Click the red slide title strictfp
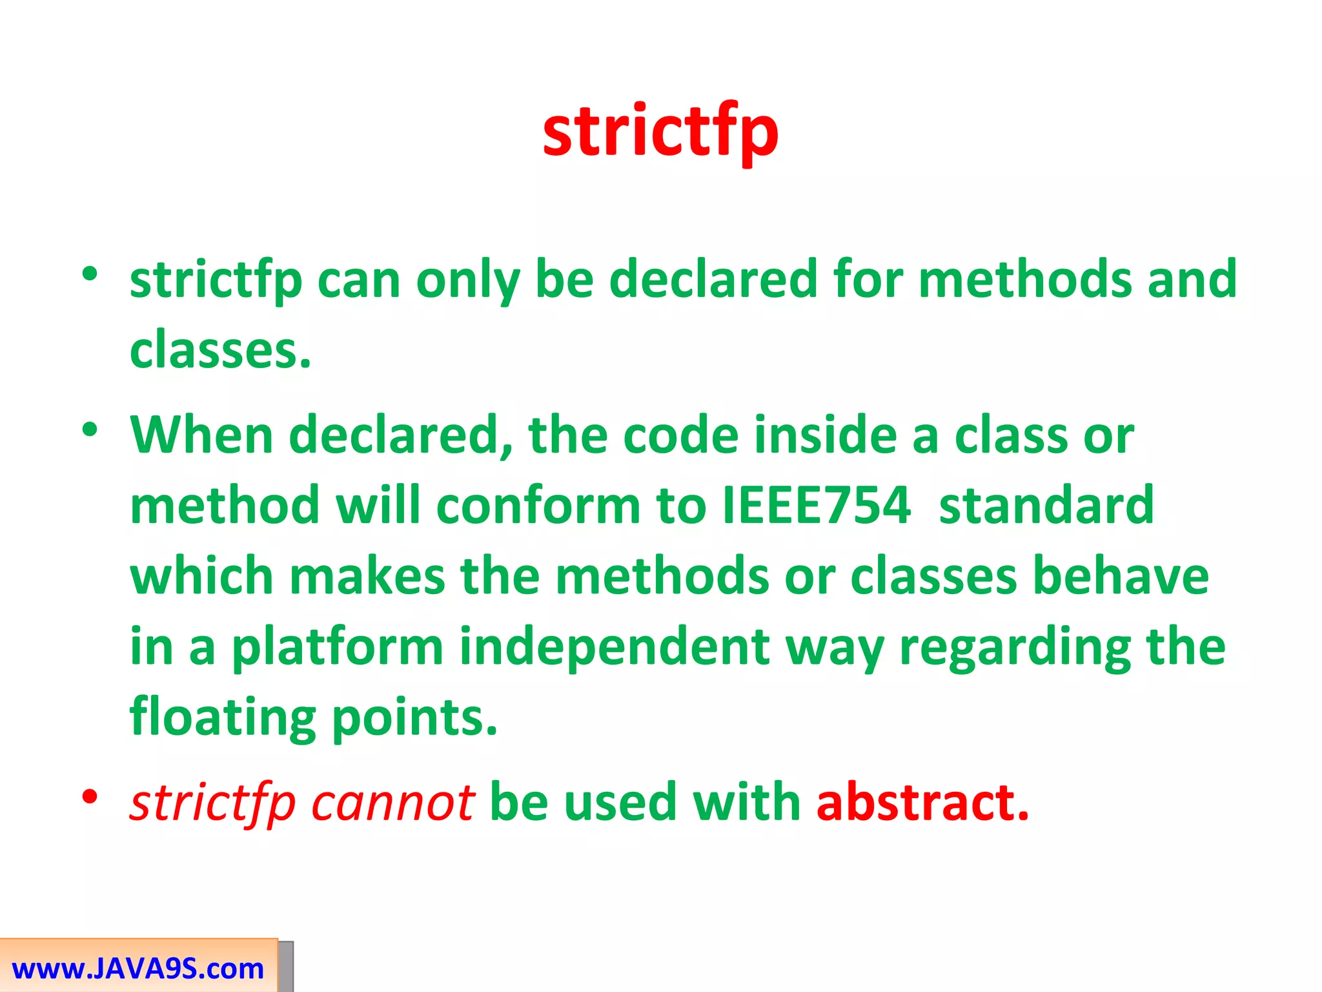(x=660, y=132)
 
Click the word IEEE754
(x=816, y=505)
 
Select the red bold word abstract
(x=922, y=802)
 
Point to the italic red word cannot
(x=392, y=802)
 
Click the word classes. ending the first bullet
(x=220, y=349)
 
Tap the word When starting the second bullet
(x=201, y=435)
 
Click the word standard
(x=1046, y=505)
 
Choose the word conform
(x=538, y=505)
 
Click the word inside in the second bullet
(x=826, y=435)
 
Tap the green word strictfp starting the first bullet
(x=216, y=280)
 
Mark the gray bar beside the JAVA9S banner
(x=286, y=966)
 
